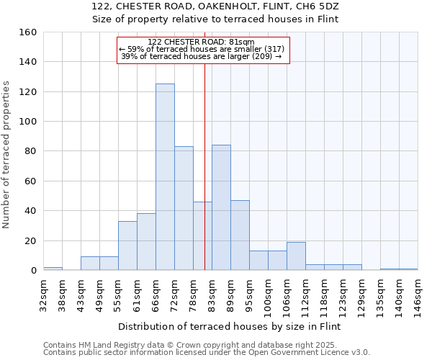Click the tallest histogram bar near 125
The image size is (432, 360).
point(165,177)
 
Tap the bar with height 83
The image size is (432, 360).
point(184,208)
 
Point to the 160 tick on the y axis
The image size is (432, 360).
point(28,32)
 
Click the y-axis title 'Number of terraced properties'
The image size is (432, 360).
point(6,155)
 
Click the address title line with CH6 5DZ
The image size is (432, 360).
point(215,6)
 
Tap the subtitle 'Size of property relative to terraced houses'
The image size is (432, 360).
point(215,19)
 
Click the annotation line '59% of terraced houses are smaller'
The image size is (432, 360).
point(202,49)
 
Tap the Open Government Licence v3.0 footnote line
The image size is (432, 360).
point(207,352)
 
